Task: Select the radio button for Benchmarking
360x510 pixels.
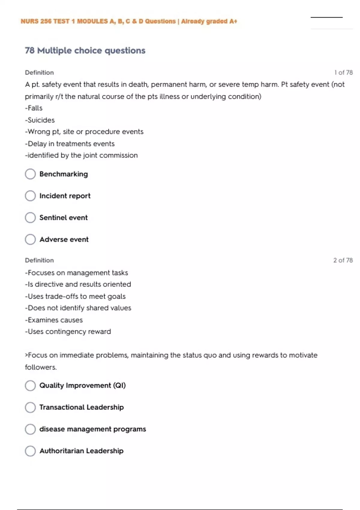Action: pos(30,174)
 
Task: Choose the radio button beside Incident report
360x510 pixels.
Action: pos(30,196)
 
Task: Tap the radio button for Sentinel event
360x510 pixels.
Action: pos(30,218)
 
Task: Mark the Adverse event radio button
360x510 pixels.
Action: pos(30,239)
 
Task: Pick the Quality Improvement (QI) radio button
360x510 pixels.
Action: pos(30,385)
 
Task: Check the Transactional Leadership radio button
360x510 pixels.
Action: pos(30,407)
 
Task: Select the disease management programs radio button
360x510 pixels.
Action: pos(30,429)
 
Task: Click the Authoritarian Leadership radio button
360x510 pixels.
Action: pos(30,451)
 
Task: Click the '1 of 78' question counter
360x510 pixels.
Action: pos(343,73)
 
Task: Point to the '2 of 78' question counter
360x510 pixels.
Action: pos(343,260)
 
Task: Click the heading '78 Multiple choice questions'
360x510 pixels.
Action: pos(85,50)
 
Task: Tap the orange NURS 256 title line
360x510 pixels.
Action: pos(129,21)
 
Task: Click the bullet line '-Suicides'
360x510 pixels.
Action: pos(40,120)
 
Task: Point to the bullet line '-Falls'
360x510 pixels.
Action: pos(34,108)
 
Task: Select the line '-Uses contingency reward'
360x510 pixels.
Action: pos(68,331)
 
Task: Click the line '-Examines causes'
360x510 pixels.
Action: pos(54,320)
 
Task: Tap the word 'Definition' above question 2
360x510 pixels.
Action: pos(39,260)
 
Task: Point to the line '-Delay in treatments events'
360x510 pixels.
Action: pos(70,144)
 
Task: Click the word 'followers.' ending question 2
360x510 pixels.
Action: pos(41,367)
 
